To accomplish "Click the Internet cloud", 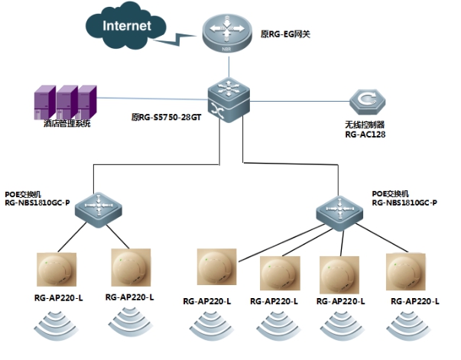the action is click(x=126, y=26).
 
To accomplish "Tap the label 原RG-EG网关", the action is click(x=285, y=34).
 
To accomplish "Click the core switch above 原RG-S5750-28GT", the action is click(x=229, y=100).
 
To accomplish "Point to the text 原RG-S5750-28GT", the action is click(x=166, y=117).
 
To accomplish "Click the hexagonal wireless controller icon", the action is click(x=368, y=102).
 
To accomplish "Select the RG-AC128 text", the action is click(x=365, y=135).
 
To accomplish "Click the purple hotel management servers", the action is click(x=66, y=102).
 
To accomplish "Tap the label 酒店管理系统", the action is click(x=67, y=123).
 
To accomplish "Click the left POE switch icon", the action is click(x=98, y=210).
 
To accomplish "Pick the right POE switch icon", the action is click(x=339, y=213).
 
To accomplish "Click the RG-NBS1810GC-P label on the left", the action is click(x=37, y=203).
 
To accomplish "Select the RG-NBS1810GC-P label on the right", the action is click(x=404, y=203).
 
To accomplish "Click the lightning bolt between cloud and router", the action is click(x=175, y=40).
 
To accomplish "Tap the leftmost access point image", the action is click(x=57, y=270).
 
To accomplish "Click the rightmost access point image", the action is click(x=406, y=272).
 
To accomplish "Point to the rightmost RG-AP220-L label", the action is click(x=415, y=301).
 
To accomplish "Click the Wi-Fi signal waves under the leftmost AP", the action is click(x=57, y=326).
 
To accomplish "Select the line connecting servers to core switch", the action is click(x=152, y=99).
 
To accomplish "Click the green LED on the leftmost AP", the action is click(x=46, y=263).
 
